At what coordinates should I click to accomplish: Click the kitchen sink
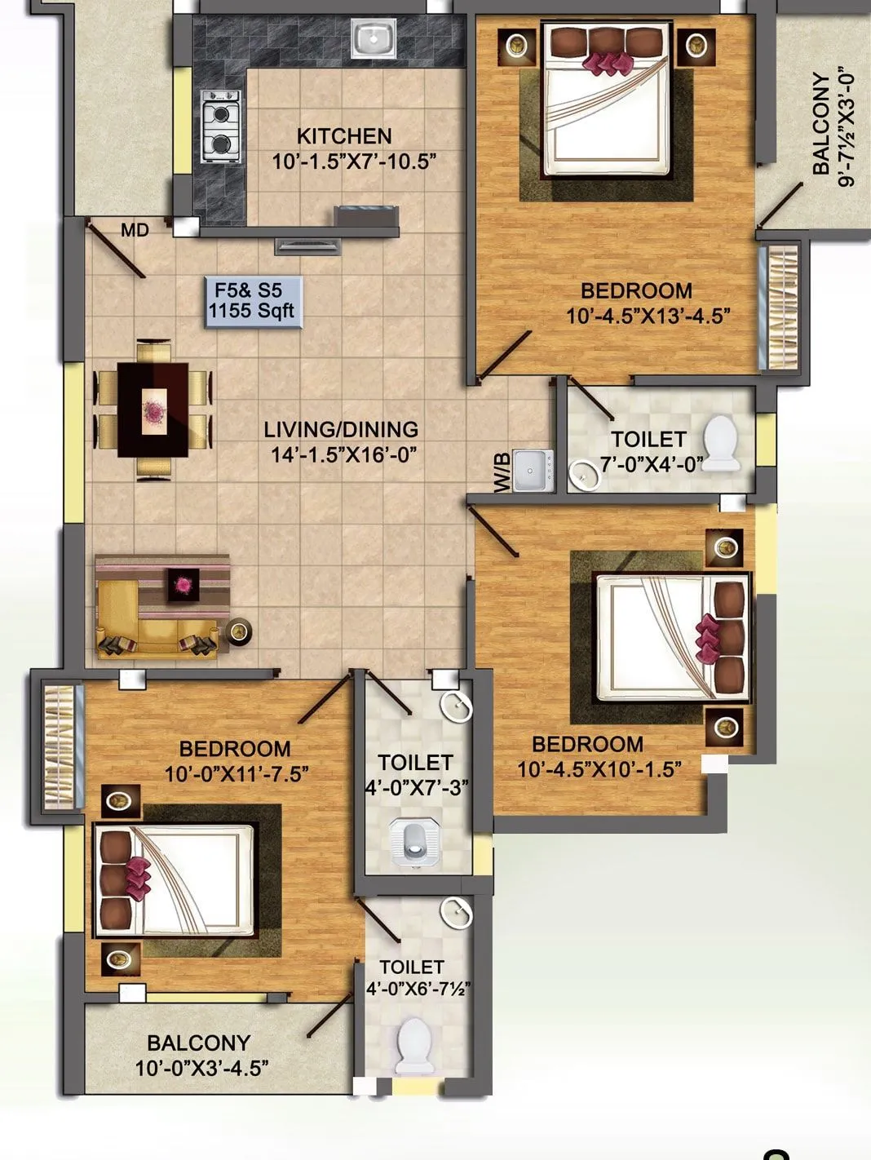374,38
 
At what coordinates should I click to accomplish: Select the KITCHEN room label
344,136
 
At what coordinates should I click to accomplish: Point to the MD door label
135,231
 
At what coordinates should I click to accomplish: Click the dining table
154,409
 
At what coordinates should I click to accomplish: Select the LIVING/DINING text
341,429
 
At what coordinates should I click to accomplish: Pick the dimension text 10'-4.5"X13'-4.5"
648,317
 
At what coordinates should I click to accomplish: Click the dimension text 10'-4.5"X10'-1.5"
599,769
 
